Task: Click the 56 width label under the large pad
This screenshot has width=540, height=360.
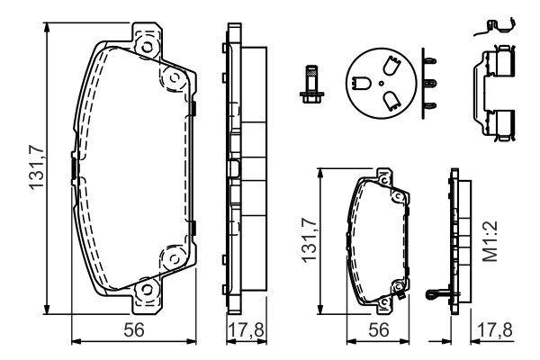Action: [x=135, y=330]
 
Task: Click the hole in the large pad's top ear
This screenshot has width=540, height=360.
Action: [x=144, y=41]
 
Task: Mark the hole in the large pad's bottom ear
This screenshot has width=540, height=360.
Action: [x=145, y=289]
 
